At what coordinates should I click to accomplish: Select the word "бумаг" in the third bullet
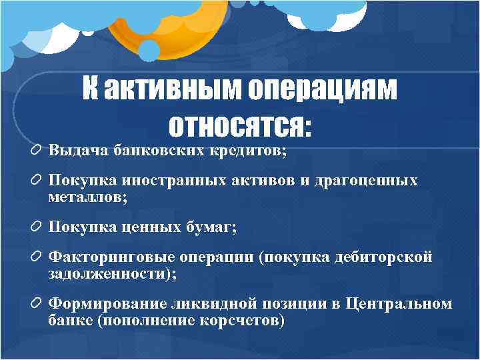coord(213,227)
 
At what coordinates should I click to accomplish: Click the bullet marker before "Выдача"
coord(37,151)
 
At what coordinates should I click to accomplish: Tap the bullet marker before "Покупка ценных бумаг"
coord(37,227)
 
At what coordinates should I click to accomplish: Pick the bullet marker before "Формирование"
coord(37,304)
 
